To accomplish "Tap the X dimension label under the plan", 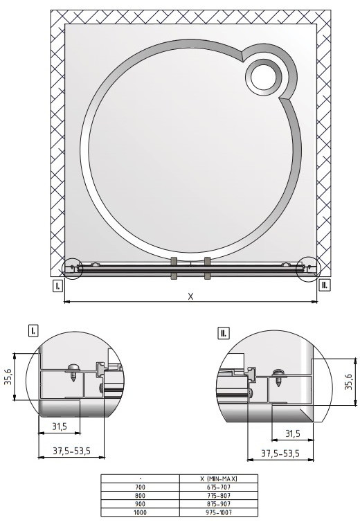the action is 190,296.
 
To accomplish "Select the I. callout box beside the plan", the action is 57,286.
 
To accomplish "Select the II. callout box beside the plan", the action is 325,285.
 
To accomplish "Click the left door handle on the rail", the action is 174,268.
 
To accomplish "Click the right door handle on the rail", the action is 207,268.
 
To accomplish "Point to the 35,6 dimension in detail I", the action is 10,377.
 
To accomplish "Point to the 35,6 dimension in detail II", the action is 348,382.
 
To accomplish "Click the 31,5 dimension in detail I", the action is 60,427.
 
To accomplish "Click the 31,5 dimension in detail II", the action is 293,433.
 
